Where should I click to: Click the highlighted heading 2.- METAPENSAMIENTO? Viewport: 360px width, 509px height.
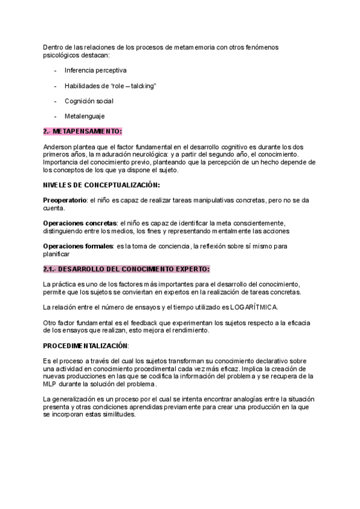pos(82,131)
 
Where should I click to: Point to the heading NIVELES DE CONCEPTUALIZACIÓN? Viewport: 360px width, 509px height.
pos(101,185)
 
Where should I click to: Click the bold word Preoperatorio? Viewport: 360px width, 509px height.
pos(65,200)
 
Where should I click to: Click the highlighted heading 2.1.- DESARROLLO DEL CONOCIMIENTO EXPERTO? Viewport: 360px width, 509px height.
pos(127,269)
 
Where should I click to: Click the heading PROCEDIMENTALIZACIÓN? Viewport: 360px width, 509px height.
pos(86,346)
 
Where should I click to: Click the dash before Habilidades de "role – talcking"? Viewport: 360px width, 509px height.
pos(56,86)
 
